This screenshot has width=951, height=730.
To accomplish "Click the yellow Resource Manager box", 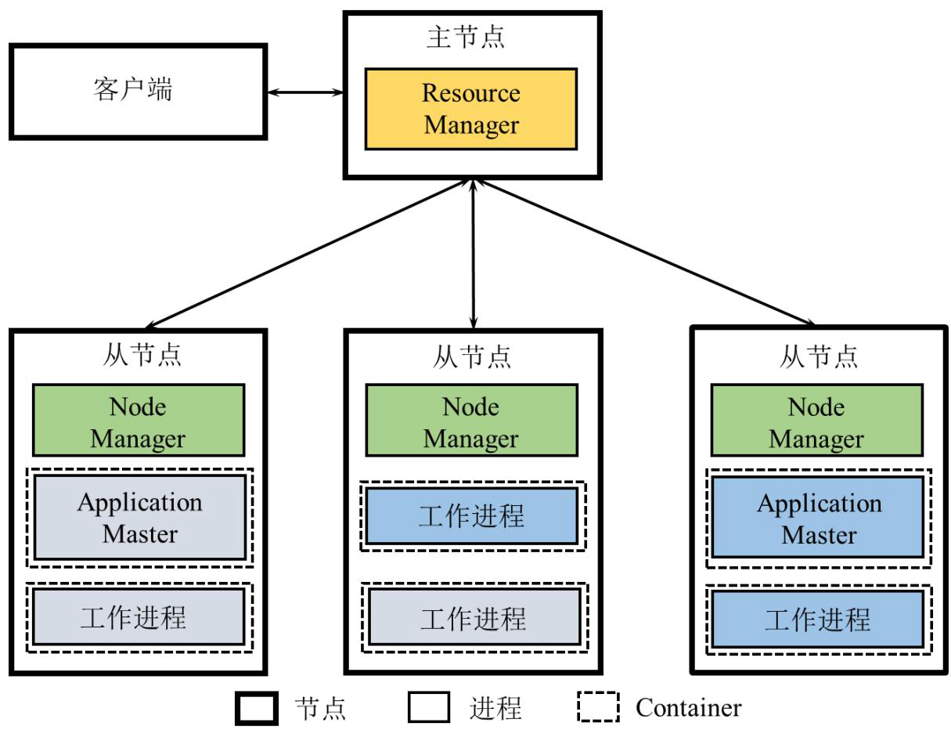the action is click(471, 109).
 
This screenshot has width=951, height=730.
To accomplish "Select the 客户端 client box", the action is click(138, 92).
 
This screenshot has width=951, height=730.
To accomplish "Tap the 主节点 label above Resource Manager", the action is click(466, 37).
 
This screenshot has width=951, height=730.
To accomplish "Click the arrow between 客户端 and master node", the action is click(305, 92).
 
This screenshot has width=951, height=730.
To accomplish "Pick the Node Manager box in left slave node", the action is click(139, 421).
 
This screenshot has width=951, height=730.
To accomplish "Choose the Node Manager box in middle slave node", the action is click(471, 421).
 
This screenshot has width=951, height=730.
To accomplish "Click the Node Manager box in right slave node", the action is click(816, 421).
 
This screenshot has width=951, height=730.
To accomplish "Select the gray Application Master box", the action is click(139, 518).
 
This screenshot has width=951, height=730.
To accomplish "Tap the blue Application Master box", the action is click(817, 518).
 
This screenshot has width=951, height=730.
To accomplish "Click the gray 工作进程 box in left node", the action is click(139, 616).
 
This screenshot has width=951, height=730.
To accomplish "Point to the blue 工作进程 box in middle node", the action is click(472, 516).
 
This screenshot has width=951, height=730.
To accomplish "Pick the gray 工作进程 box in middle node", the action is click(474, 617).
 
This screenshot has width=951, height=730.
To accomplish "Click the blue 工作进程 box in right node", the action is click(817, 619).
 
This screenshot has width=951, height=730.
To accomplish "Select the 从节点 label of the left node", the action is click(142, 354).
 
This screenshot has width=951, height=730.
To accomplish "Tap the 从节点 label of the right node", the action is click(819, 356).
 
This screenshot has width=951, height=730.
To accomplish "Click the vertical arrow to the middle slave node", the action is click(473, 254).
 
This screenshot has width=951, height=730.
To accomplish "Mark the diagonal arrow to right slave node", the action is click(645, 253).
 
